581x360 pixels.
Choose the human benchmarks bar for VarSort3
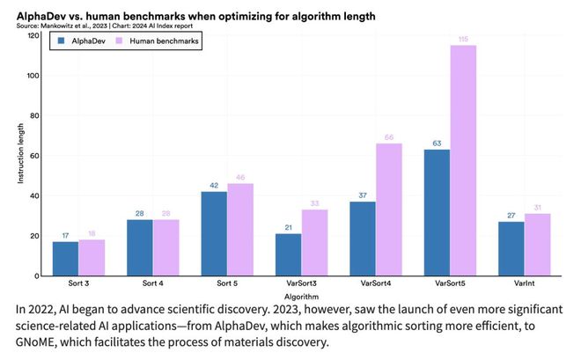(x=314, y=242)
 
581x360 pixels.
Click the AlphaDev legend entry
(x=83, y=41)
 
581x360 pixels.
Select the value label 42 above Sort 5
(x=215, y=184)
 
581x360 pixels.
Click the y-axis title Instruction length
(x=18, y=156)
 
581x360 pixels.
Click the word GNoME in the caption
(x=37, y=342)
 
